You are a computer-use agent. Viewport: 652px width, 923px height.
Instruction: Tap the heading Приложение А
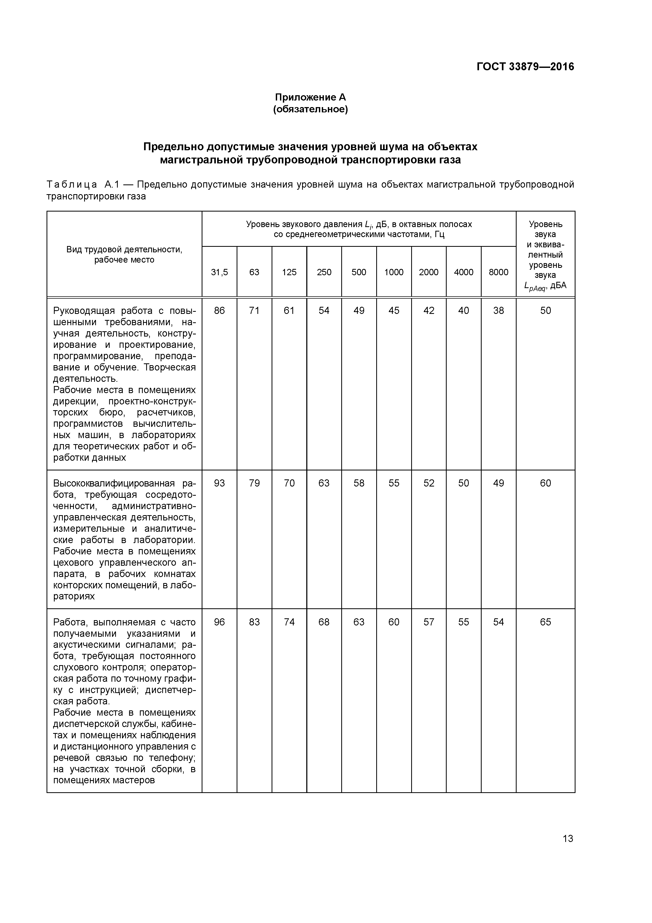point(310,97)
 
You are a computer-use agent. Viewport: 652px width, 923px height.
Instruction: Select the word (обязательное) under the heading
point(310,109)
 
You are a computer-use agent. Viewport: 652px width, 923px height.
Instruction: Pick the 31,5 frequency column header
point(219,272)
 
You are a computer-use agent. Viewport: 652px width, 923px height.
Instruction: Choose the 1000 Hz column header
point(394,272)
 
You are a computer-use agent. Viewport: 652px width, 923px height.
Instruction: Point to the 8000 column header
point(498,272)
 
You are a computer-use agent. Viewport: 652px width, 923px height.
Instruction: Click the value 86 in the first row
point(219,310)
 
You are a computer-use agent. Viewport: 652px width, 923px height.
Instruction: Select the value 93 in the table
point(219,483)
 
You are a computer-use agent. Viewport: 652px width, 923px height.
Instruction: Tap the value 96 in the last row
point(219,622)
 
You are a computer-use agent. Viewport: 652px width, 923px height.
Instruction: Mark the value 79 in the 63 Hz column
point(254,483)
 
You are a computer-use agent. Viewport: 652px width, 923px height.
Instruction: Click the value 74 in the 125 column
point(289,622)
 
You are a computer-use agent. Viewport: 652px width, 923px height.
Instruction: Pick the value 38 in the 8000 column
point(498,310)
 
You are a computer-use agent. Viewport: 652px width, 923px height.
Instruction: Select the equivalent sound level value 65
point(545,622)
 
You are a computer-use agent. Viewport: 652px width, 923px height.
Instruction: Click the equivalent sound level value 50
point(545,310)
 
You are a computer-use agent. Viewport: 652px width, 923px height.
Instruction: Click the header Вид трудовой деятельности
point(124,250)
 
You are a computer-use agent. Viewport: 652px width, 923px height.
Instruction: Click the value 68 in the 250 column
point(324,622)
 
